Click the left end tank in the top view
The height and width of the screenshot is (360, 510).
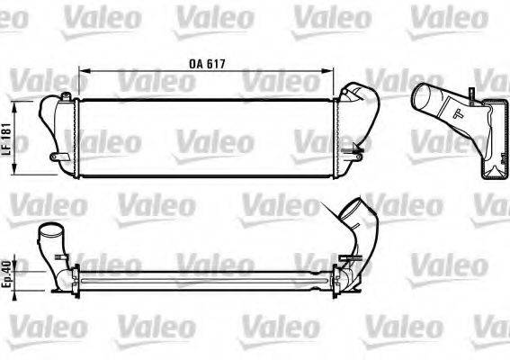click(x=59, y=130)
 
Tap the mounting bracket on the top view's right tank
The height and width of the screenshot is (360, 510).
click(x=357, y=158)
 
